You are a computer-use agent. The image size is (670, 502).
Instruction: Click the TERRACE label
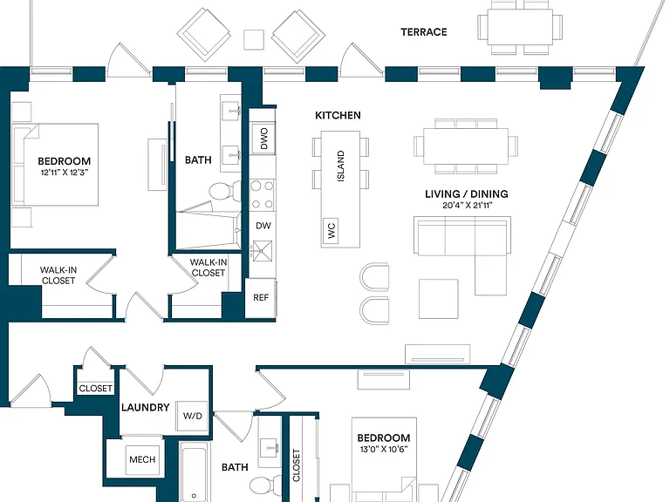[x=424, y=32]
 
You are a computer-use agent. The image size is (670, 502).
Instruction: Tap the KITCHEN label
[x=338, y=115]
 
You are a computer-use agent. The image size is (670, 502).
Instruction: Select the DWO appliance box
[x=263, y=139]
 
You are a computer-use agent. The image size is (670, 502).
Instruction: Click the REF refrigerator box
[x=260, y=298]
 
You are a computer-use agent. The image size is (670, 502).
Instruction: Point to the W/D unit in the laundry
[x=192, y=416]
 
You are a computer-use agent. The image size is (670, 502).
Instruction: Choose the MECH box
[x=142, y=460]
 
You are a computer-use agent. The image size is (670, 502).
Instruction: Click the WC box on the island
[x=331, y=231]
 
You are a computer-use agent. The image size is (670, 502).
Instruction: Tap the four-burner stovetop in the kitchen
[x=263, y=195]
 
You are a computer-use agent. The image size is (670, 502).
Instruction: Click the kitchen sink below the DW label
[x=263, y=250]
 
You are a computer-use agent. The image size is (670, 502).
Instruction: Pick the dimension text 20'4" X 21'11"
[x=468, y=206]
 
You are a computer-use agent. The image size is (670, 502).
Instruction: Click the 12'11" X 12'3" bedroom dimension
[x=65, y=173]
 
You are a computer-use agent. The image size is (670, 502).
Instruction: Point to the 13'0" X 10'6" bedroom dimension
[x=384, y=449]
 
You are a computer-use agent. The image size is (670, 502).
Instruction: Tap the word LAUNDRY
[x=146, y=408]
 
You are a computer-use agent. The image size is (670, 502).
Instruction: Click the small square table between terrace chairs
[x=254, y=40]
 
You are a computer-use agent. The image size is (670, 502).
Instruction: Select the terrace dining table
[x=520, y=27]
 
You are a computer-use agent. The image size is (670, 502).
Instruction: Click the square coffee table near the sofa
[x=439, y=299]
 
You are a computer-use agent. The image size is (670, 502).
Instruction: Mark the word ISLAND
[x=340, y=166]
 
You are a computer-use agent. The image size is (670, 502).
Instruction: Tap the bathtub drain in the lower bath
[x=194, y=496]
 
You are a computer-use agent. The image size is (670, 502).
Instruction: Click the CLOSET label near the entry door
[x=96, y=389]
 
